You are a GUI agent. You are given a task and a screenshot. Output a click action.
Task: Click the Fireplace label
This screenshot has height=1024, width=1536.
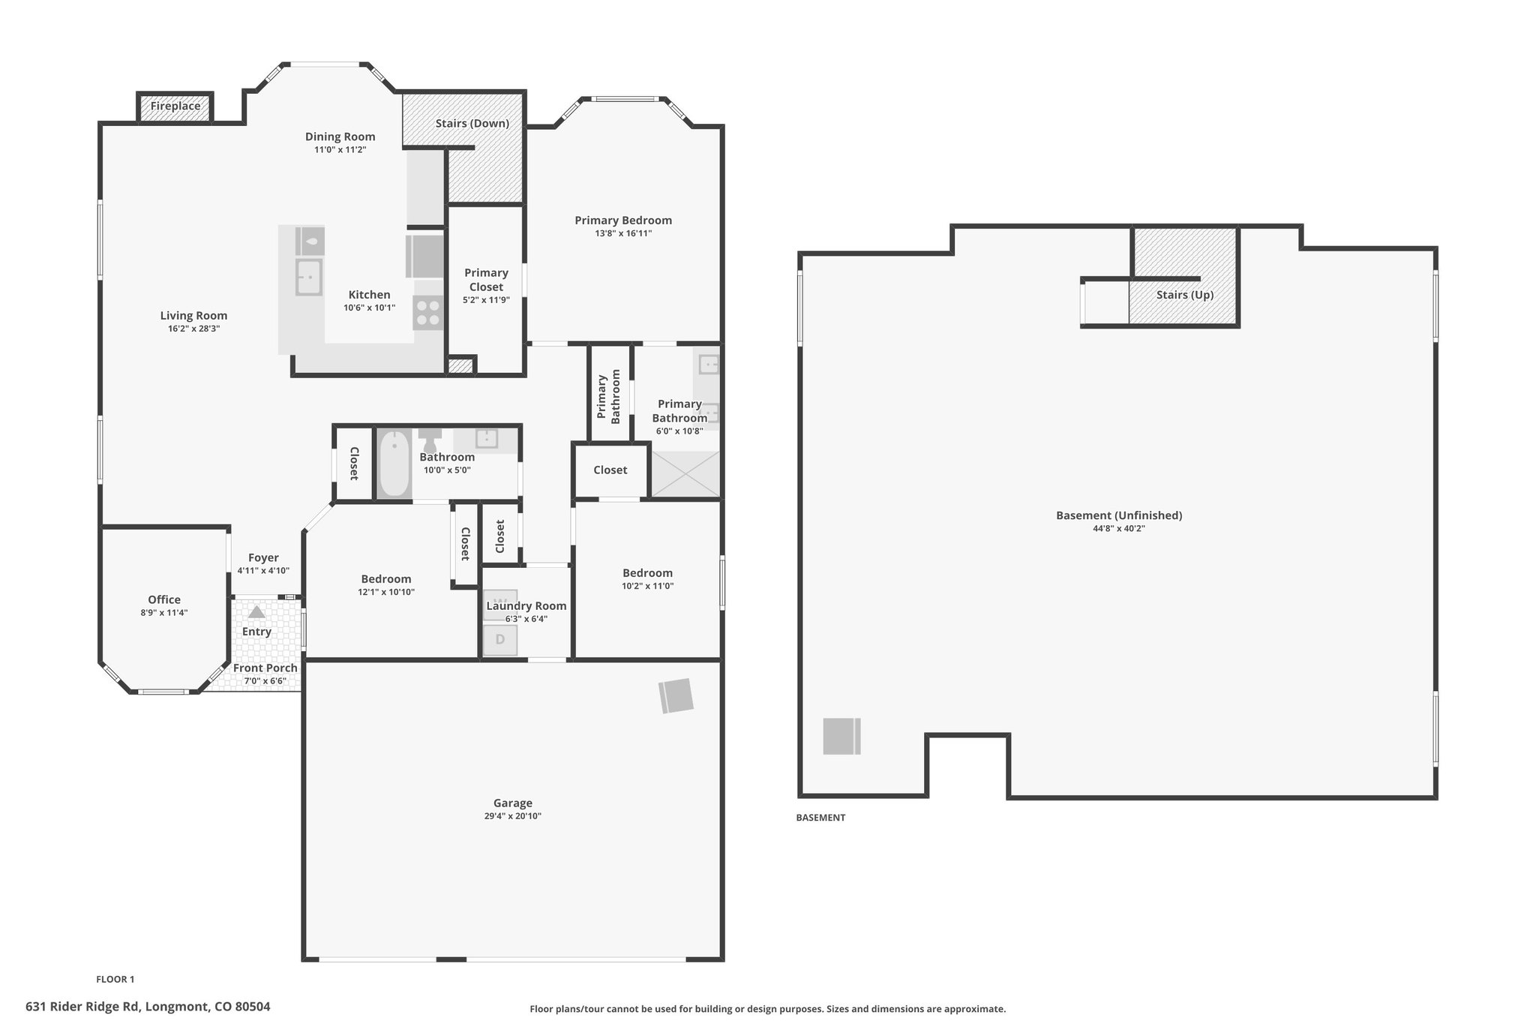tap(175, 106)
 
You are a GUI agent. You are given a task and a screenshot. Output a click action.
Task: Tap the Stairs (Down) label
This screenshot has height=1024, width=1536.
tap(472, 123)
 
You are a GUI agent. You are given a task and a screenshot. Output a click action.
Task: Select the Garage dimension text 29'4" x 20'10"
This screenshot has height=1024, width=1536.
tap(513, 815)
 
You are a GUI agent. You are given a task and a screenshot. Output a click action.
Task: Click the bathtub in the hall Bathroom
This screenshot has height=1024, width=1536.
tap(394, 464)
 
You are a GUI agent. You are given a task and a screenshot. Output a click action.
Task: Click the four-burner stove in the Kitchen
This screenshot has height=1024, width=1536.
tap(428, 313)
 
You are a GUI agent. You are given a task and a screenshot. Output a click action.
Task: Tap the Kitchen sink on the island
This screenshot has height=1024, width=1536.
tap(308, 277)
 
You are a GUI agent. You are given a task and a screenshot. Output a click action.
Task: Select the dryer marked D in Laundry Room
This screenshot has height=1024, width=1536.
tap(500, 640)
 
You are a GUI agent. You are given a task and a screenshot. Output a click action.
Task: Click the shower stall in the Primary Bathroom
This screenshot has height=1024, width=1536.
tap(685, 474)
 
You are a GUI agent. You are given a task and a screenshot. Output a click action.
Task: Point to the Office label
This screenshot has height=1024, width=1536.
tap(164, 599)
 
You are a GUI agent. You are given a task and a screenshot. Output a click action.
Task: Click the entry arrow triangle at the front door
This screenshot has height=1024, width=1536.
tap(256, 612)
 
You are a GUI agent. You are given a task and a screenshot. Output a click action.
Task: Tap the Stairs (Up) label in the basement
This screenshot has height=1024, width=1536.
tap(1185, 295)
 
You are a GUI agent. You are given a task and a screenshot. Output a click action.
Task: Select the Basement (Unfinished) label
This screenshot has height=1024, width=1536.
tap(1119, 515)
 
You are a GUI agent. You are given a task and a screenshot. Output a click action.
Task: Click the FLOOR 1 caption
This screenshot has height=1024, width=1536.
tap(115, 979)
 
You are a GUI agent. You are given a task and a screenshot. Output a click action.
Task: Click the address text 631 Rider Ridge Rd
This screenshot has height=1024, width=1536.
tap(82, 1007)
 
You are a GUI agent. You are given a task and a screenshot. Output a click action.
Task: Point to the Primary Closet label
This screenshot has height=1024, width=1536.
tap(487, 280)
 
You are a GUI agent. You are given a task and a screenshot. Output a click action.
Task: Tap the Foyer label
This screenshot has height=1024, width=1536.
tap(263, 557)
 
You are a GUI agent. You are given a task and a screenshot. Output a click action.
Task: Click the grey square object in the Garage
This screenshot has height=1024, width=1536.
tap(676, 695)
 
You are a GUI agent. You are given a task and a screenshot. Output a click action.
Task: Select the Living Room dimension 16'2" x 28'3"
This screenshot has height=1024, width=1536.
tap(193, 329)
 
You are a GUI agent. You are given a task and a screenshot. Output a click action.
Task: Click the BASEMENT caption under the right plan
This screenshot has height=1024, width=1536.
tap(820, 818)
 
